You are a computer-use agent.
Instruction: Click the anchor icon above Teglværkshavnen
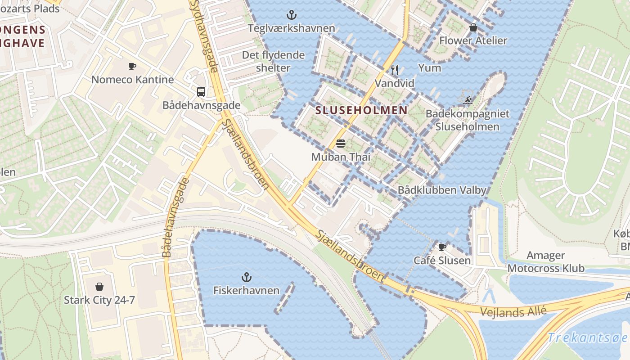pyautogui.click(x=292, y=15)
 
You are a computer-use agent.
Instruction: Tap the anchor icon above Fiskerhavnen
pyautogui.click(x=246, y=277)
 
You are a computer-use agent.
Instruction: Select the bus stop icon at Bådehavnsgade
pyautogui.click(x=201, y=92)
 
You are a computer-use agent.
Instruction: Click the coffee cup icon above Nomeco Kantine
pyautogui.click(x=132, y=67)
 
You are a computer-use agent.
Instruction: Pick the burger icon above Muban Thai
pyautogui.click(x=341, y=144)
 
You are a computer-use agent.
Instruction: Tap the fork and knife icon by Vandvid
pyautogui.click(x=395, y=70)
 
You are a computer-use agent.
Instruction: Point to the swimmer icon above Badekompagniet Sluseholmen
pyautogui.click(x=468, y=100)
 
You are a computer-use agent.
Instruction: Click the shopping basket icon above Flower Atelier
pyautogui.click(x=473, y=28)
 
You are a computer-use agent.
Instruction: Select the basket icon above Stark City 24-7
pyautogui.click(x=99, y=287)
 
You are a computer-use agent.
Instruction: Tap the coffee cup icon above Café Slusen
pyautogui.click(x=442, y=247)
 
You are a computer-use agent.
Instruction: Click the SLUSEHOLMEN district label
pyautogui.click(x=361, y=110)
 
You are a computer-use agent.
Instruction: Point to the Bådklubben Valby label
pyautogui.click(x=442, y=190)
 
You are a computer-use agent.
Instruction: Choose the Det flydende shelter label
pyautogui.click(x=273, y=62)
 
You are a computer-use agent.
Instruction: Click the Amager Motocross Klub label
pyautogui.click(x=546, y=262)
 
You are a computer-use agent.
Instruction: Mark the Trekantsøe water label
pyautogui.click(x=587, y=338)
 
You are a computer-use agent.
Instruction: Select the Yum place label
pyautogui.click(x=430, y=68)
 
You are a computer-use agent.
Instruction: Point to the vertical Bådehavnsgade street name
pyautogui.click(x=175, y=218)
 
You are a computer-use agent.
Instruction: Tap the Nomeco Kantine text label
pyautogui.click(x=132, y=80)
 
